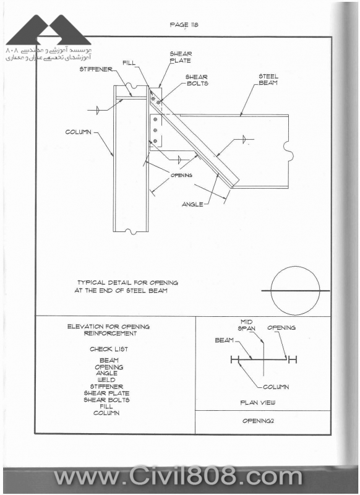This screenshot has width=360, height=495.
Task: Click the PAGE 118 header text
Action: [x=184, y=25]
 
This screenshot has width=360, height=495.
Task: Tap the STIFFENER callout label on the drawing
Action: [x=96, y=69]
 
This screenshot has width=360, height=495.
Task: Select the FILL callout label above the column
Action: [x=129, y=63]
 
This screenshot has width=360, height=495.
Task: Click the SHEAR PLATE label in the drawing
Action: [x=181, y=57]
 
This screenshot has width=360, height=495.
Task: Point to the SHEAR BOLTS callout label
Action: [x=197, y=80]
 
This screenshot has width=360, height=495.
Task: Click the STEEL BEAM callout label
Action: [x=268, y=80]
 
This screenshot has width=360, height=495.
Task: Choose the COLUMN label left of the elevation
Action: [x=78, y=132]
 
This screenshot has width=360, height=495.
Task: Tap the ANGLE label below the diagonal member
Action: [x=192, y=205]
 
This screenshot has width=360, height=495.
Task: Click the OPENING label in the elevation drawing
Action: [x=181, y=175]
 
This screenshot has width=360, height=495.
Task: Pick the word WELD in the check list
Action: [x=106, y=380]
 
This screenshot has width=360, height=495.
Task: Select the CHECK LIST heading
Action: [x=109, y=349]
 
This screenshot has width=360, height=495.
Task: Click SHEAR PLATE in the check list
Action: [x=106, y=394]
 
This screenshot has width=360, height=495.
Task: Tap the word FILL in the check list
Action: [x=106, y=407]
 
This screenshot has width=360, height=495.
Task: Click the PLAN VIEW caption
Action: [x=258, y=403]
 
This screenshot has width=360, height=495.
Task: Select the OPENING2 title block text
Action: [x=258, y=421]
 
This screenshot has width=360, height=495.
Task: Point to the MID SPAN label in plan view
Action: [x=247, y=325]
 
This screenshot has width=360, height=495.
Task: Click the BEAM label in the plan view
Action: [x=225, y=340]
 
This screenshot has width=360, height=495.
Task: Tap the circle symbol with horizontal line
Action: [x=295, y=291]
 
